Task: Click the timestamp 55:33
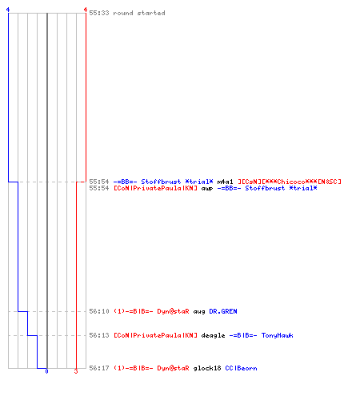(x=99, y=13)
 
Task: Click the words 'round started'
(x=139, y=13)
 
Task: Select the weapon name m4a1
(x=226, y=182)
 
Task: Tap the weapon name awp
(x=207, y=189)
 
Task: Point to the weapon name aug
(x=199, y=311)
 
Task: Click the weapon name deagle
(x=213, y=335)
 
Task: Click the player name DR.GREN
(x=223, y=311)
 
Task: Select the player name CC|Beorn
(x=241, y=368)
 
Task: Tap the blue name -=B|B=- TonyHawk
(x=262, y=335)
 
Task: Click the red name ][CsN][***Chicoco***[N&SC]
(x=290, y=182)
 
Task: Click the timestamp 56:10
(x=99, y=311)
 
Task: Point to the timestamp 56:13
(x=99, y=335)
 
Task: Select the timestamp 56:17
(x=99, y=368)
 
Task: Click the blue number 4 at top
(x=8, y=10)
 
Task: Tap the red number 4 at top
(x=86, y=10)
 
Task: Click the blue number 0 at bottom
(x=46, y=371)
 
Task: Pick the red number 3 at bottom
(x=76, y=371)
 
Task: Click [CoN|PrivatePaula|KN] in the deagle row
(x=155, y=335)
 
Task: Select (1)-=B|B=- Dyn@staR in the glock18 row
(x=151, y=368)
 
